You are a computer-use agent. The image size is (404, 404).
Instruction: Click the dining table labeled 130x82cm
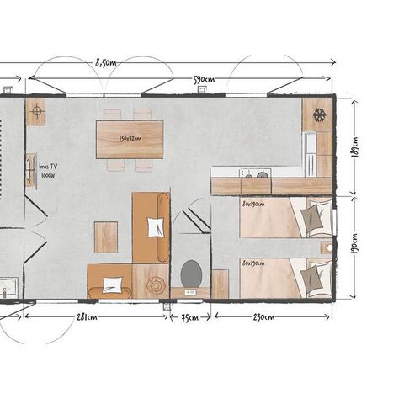coord(130,140)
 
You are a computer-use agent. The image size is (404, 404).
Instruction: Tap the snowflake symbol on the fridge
coord(320,114)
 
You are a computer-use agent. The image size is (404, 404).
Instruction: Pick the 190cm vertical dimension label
coord(353,247)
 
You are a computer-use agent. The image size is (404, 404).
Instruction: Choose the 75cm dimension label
coord(191,317)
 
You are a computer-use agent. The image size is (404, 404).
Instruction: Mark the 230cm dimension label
coord(262,317)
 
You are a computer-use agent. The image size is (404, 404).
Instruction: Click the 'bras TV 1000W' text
coord(48,171)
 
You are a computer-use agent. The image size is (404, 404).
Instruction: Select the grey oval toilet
coord(191,273)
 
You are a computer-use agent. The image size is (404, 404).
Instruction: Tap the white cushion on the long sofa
coord(155,227)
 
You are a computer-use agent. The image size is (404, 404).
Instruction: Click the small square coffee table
coord(106,237)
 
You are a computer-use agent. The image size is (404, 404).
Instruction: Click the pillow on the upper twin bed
coord(313,218)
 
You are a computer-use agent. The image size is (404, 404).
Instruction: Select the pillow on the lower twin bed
coord(313,278)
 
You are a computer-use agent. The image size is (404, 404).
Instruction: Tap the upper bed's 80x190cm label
coord(253,203)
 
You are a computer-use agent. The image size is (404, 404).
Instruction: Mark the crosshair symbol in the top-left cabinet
coord(36,110)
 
